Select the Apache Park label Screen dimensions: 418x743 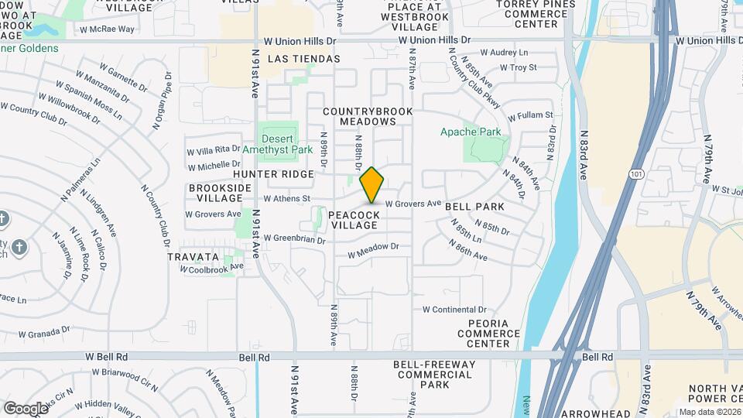coord(471,132)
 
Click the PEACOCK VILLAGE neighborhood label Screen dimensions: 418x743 coord(354,220)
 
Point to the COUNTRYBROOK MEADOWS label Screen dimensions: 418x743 coord(368,116)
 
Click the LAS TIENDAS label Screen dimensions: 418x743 coord(303,59)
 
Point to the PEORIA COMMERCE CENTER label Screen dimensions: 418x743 coord(488,333)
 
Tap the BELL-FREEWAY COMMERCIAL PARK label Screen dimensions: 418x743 coord(432,374)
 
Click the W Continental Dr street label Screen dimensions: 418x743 coord(454,309)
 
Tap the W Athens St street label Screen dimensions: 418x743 coord(286,198)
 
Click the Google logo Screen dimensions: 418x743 coord(26,408)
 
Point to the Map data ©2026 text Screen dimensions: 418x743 coord(710,412)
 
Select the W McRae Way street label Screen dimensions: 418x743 coord(106,29)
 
